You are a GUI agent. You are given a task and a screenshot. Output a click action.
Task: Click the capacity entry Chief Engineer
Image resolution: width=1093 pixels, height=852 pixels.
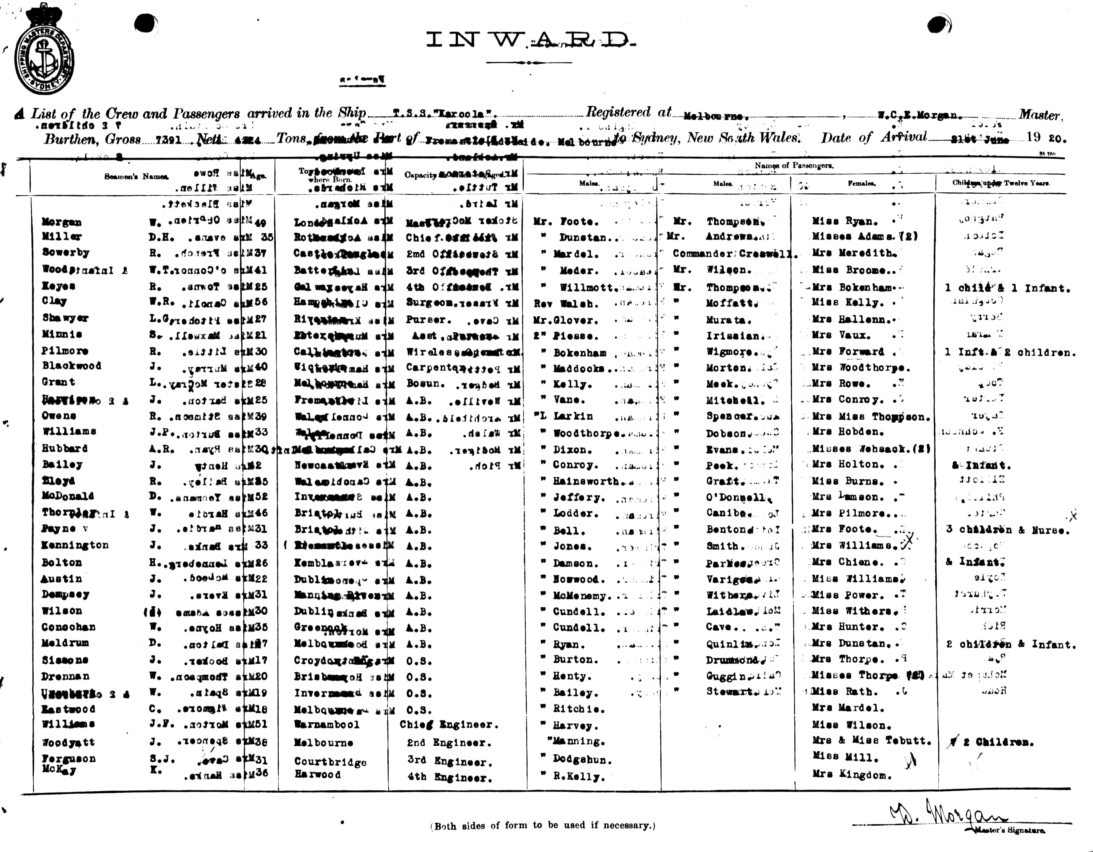(x=449, y=725)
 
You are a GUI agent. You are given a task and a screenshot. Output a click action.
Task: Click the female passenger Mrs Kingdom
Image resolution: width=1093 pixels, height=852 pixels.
(x=852, y=775)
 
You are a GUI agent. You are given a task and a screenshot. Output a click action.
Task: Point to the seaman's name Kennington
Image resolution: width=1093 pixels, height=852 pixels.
(x=75, y=545)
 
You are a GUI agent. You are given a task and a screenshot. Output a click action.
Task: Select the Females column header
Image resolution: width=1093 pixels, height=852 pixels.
(x=861, y=183)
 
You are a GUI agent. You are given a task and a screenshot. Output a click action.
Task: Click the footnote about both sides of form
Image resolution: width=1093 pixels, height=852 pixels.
(x=543, y=826)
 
